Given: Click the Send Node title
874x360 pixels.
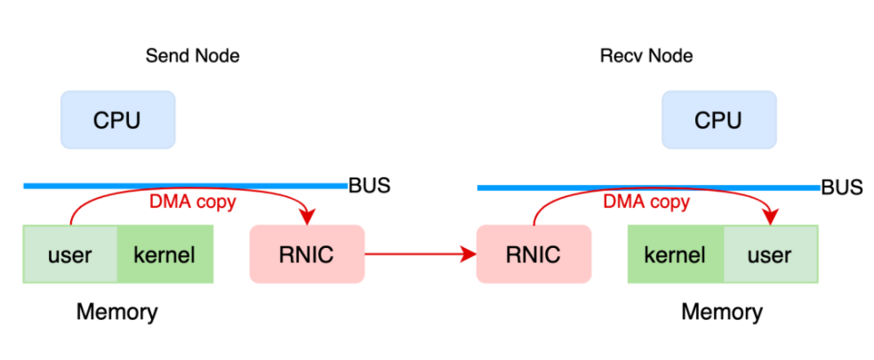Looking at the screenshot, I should point(192,56).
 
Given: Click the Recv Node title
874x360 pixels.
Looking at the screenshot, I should point(646,56).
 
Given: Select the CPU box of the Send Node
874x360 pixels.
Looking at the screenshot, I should point(117,120).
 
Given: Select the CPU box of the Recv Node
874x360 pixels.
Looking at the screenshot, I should point(718,120).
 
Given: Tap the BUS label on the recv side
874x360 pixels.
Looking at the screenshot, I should point(841,188).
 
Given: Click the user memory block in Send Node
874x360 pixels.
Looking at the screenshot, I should point(70,255).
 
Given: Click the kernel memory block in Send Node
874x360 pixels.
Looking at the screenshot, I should point(164,255).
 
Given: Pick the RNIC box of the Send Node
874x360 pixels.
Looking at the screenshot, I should point(307,255).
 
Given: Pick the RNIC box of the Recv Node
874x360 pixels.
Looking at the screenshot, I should point(533,255).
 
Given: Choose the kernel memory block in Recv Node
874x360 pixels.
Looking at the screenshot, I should point(675,255).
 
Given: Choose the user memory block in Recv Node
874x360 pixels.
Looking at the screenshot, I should point(769,255).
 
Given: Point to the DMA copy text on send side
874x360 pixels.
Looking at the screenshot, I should point(192,203).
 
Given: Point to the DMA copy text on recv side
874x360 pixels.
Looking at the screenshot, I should point(646,203).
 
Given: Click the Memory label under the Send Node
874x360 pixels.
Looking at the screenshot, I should point(116,312).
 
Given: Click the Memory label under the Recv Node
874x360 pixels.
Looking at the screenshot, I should point(721,312).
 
